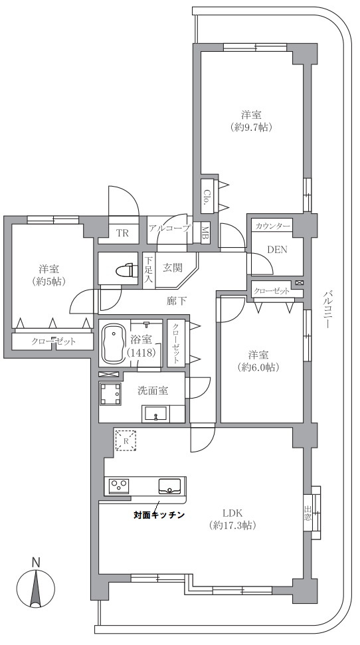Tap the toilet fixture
(x=127, y=270)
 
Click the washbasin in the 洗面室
(x=155, y=414)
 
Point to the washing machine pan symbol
(x=111, y=394)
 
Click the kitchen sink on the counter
(x=169, y=486)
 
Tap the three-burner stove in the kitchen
(x=120, y=486)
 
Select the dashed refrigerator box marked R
(x=126, y=441)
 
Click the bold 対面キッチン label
(x=158, y=514)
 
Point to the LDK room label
(x=233, y=513)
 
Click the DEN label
(x=277, y=249)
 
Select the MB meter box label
(x=205, y=233)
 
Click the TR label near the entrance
(x=122, y=233)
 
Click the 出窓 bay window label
(x=308, y=513)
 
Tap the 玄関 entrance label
(x=173, y=268)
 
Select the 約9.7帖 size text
(x=252, y=128)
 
